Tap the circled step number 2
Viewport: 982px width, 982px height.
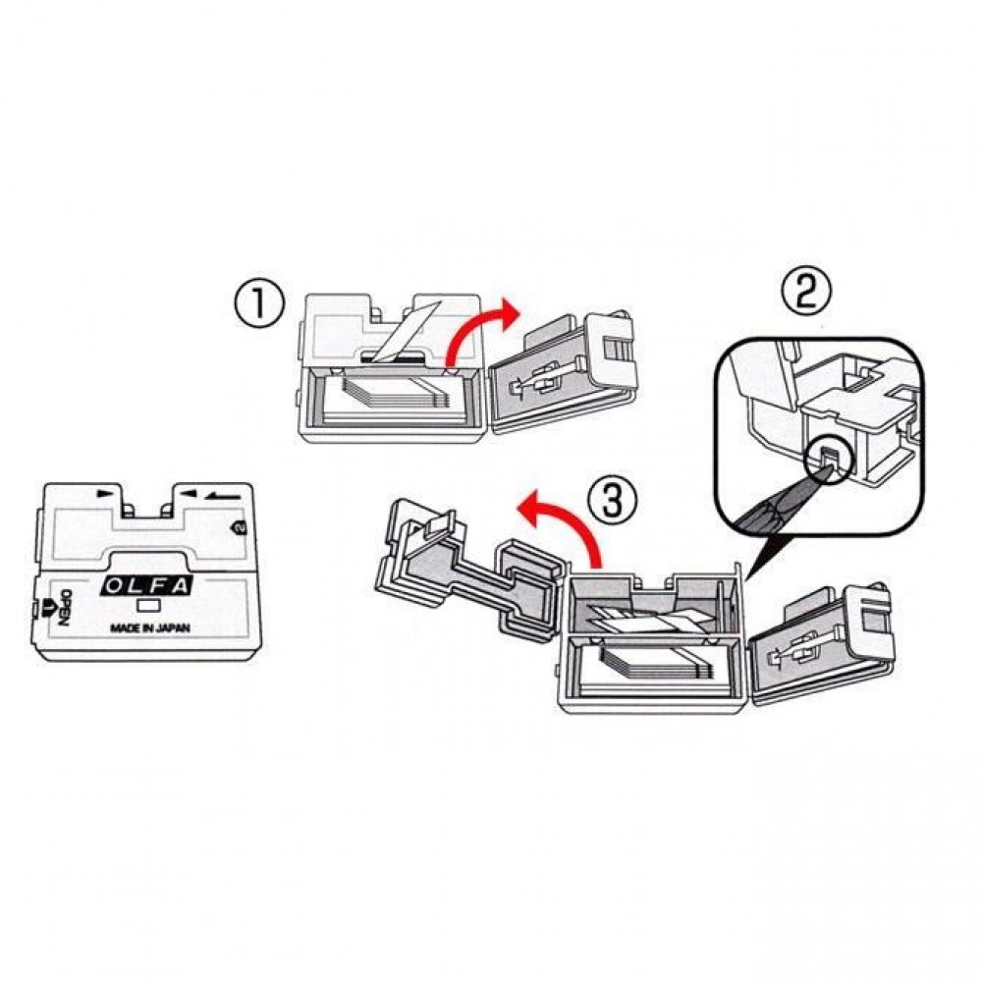tap(811, 292)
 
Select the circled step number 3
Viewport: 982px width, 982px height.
tap(611, 502)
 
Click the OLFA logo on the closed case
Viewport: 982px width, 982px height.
tap(144, 587)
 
